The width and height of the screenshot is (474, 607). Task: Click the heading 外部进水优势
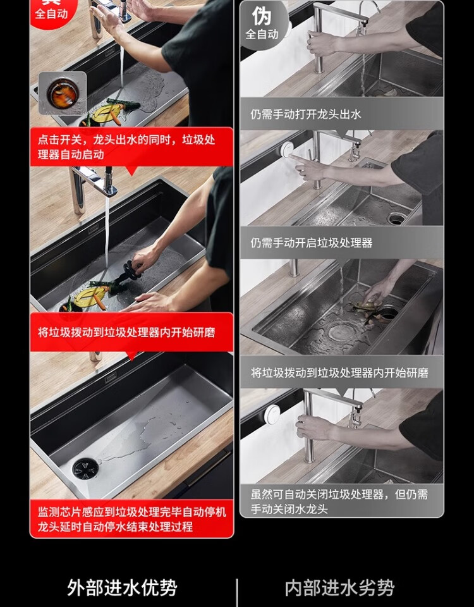[x=122, y=587]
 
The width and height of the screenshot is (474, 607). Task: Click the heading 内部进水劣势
[x=339, y=587]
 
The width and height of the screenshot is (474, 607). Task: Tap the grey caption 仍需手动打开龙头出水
[x=306, y=114]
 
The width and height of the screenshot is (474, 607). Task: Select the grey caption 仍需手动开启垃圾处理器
[x=311, y=243]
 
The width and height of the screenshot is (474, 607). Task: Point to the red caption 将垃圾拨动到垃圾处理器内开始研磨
[x=126, y=332]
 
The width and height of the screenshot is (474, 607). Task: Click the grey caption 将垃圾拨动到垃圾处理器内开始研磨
[x=339, y=372]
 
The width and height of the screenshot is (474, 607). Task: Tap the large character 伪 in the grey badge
[x=262, y=16]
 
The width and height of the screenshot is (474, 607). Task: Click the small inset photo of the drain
[x=63, y=93]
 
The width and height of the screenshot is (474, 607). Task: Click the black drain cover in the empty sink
[x=85, y=468]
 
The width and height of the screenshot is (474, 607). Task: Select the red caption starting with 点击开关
[x=126, y=147]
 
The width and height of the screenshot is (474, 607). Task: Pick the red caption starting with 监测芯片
[x=132, y=519]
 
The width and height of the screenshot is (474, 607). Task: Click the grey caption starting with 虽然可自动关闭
[x=339, y=501]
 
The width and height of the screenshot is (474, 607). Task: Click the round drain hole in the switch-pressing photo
[x=396, y=219]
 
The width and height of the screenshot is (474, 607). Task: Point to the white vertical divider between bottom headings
[x=236, y=592]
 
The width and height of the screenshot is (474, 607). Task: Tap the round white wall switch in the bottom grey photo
[x=272, y=414]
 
